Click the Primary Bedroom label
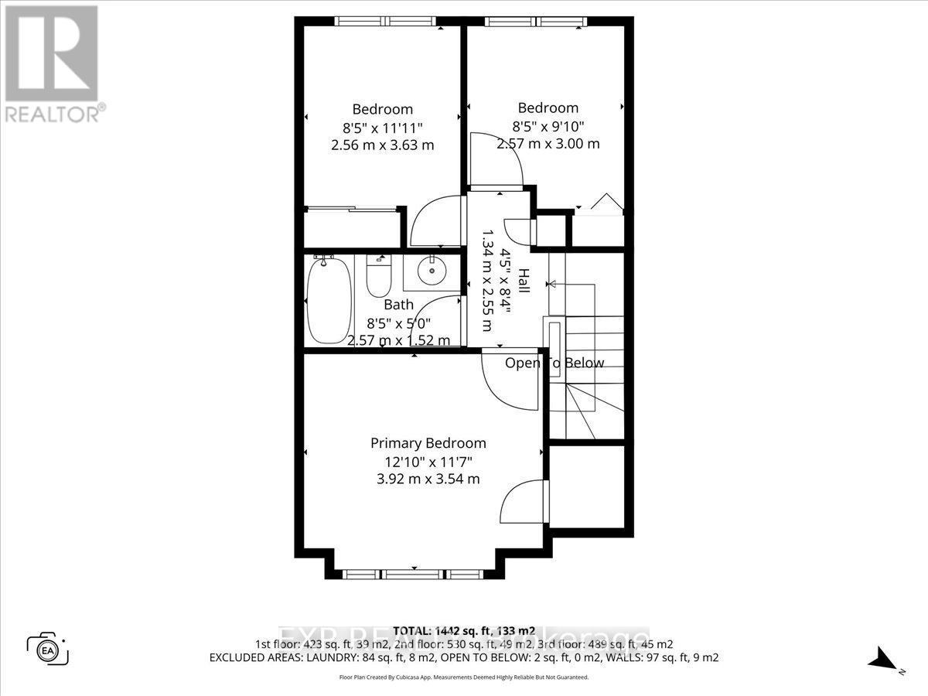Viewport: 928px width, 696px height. (428, 443)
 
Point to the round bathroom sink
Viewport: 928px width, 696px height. (430, 270)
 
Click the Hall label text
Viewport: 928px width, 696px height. (524, 280)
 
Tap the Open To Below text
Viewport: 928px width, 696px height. (554, 363)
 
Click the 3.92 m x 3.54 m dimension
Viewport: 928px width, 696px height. (428, 479)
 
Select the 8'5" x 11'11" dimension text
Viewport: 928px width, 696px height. (383, 127)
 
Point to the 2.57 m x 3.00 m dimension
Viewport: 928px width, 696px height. (548, 143)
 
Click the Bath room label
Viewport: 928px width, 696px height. (398, 305)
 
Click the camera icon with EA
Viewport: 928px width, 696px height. (49, 649)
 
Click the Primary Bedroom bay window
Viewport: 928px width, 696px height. (412, 574)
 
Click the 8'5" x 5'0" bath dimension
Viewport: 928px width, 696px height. (399, 322)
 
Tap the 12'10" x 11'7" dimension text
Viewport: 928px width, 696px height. (428, 461)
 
